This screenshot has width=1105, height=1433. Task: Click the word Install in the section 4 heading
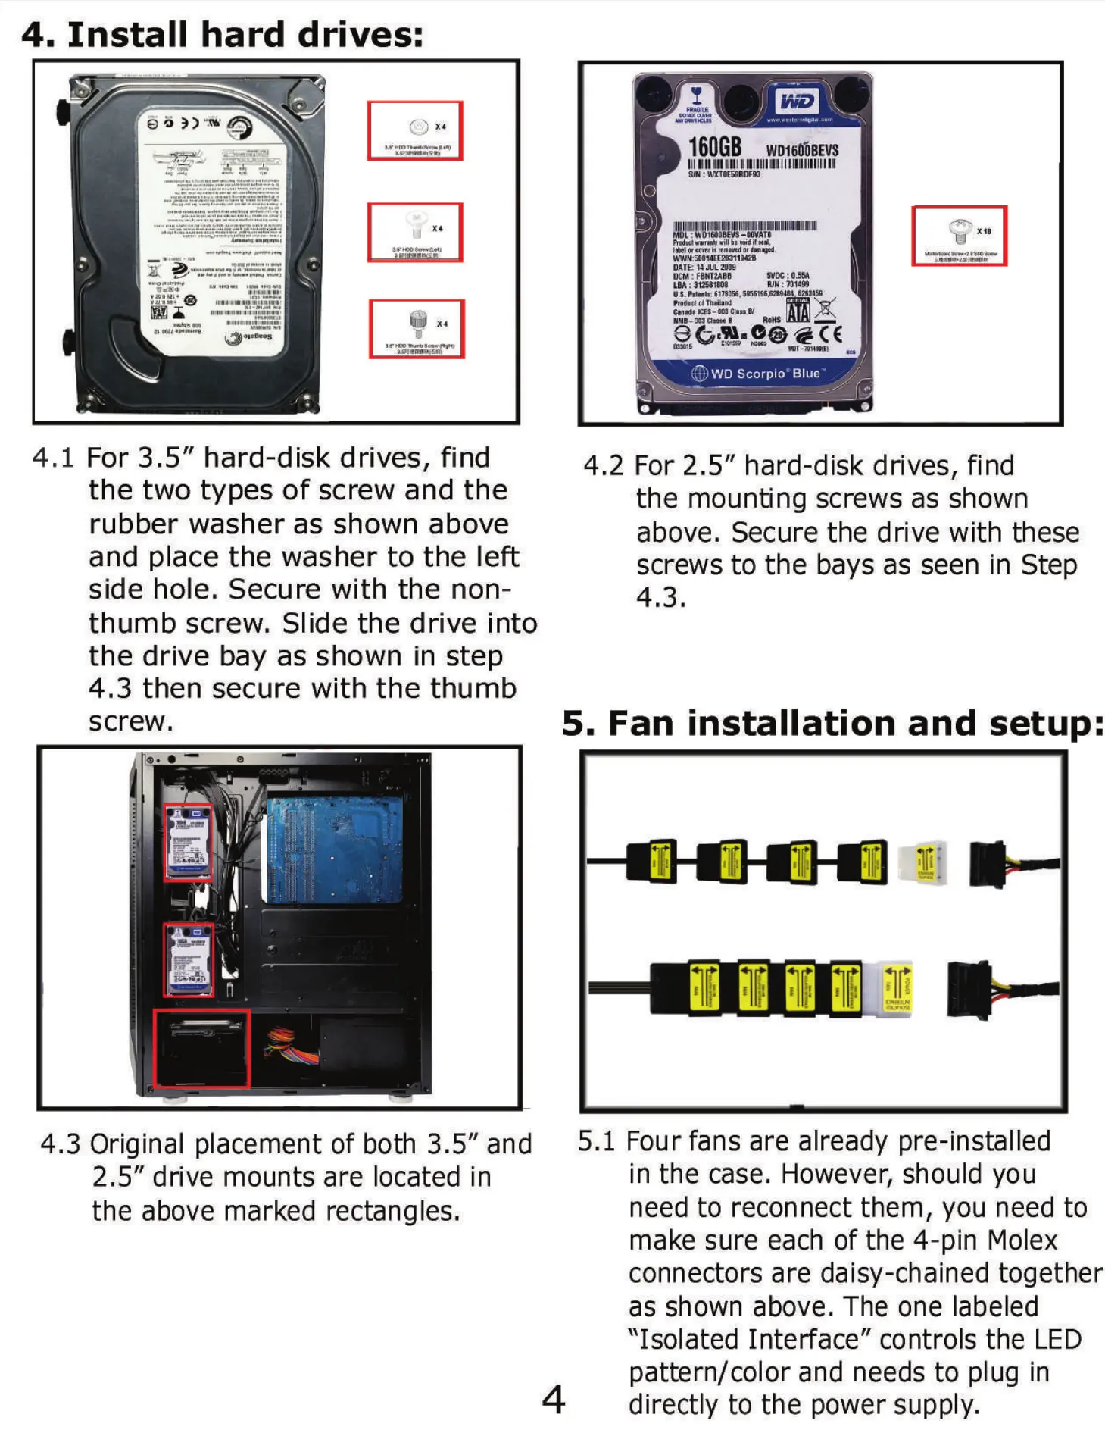(127, 35)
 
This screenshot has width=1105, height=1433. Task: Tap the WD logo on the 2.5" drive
(796, 101)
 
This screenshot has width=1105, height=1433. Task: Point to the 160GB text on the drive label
(713, 147)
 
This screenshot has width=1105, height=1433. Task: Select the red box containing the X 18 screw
(959, 236)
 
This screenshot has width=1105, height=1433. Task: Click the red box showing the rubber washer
(415, 130)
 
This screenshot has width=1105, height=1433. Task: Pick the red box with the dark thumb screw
(417, 329)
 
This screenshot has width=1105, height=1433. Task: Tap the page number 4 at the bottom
(554, 1399)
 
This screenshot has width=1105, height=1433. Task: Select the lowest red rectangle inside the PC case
(201, 1047)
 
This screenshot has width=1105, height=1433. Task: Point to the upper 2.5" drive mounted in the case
(189, 841)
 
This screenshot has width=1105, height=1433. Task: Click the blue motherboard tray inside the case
(333, 849)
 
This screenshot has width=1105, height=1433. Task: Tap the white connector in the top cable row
(922, 863)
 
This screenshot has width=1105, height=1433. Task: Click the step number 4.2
(603, 465)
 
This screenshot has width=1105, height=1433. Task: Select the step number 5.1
(596, 1141)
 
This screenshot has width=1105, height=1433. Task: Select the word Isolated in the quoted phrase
(686, 1339)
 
